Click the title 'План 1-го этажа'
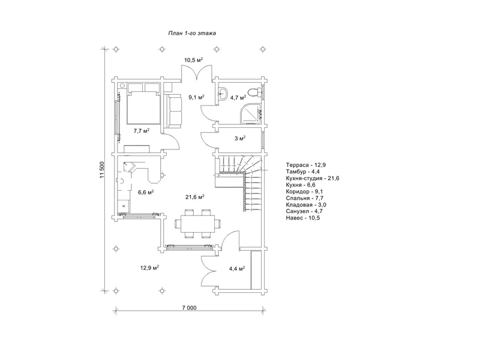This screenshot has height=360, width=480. [192, 33]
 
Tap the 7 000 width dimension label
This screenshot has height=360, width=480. [189, 308]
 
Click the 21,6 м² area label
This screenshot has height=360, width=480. [195, 197]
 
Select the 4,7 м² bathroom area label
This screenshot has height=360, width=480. [238, 98]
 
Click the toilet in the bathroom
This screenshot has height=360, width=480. [254, 92]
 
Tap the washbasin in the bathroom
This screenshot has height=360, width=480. [223, 93]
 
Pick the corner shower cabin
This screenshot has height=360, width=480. [251, 113]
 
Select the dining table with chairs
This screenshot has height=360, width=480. [198, 224]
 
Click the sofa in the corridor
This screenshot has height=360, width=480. [173, 110]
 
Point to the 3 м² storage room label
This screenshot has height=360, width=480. [240, 139]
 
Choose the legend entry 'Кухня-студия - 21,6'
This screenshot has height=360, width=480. [313, 178]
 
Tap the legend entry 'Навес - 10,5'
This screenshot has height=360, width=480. [303, 218]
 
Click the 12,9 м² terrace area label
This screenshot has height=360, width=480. [149, 268]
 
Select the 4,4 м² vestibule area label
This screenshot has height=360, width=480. [237, 269]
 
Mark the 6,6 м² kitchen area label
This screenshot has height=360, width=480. [146, 192]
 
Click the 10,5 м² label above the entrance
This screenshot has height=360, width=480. [194, 60]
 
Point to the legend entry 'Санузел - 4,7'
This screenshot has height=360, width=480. [304, 211]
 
